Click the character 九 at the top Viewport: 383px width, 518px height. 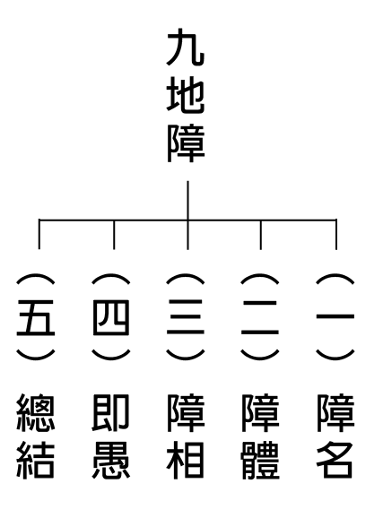186,47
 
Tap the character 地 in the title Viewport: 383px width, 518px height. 186,96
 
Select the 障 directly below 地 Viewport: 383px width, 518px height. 186,144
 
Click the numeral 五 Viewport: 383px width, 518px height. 36,317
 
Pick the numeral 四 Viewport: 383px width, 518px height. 111,317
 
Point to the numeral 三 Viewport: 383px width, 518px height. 186,317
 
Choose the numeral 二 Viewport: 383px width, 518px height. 260,317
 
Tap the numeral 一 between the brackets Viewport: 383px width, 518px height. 335,316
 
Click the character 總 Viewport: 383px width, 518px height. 36,412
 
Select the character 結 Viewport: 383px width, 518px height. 36,461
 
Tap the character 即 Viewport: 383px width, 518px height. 110,412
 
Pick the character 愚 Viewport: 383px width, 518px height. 111,461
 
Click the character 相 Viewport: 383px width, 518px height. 186,461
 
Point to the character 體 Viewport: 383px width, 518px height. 260,461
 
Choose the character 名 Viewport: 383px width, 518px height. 335,461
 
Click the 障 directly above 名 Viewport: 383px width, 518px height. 335,412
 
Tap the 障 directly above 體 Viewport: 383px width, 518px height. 261,412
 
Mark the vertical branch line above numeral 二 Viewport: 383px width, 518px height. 261,235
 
